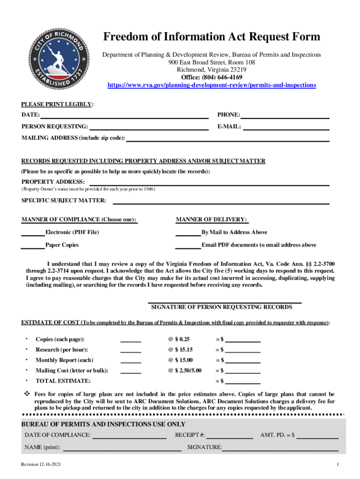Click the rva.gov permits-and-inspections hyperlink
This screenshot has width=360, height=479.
212,85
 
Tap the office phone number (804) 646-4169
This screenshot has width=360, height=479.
212,77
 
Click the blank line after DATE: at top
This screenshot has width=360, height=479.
124,115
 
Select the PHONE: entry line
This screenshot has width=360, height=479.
285,115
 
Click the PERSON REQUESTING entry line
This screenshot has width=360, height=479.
149,127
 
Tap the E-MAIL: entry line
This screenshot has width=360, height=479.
286,127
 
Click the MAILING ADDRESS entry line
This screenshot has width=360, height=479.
228,138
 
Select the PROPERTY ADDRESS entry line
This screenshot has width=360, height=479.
209,182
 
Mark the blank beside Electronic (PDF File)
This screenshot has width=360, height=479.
33,232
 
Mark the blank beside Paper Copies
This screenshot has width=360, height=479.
33,245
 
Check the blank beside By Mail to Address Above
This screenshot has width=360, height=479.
188,232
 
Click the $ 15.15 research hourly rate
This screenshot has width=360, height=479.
180,350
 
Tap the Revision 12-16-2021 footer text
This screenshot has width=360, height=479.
41,464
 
